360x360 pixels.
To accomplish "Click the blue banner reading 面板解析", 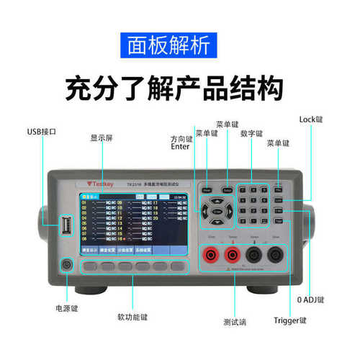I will coord(179,46).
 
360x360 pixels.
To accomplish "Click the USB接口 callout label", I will coord(41,132).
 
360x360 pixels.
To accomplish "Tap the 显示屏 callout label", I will coord(101,138).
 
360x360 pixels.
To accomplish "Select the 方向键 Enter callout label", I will coord(181,141).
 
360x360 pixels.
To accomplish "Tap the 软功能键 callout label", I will coord(132,316).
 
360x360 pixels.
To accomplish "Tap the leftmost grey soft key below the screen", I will coord(89,266).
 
